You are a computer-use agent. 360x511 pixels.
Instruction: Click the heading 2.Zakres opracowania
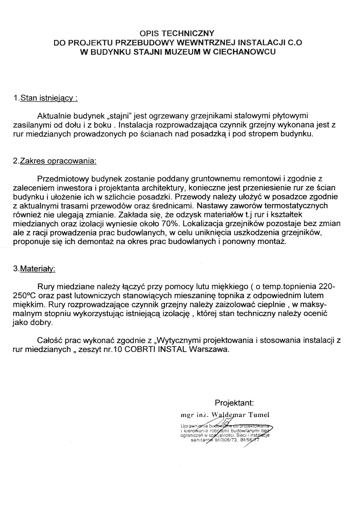pos(55,161)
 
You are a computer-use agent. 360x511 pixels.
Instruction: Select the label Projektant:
pos(234,403)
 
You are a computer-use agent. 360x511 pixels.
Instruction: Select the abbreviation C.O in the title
pos(296,42)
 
